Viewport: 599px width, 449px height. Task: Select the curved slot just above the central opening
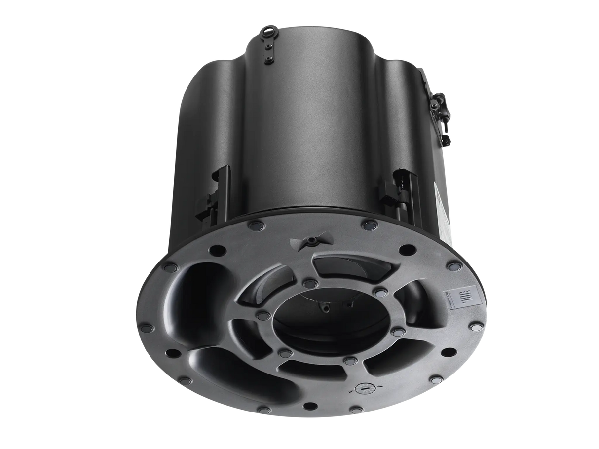[345, 267]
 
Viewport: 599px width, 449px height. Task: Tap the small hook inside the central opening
[325, 308]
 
